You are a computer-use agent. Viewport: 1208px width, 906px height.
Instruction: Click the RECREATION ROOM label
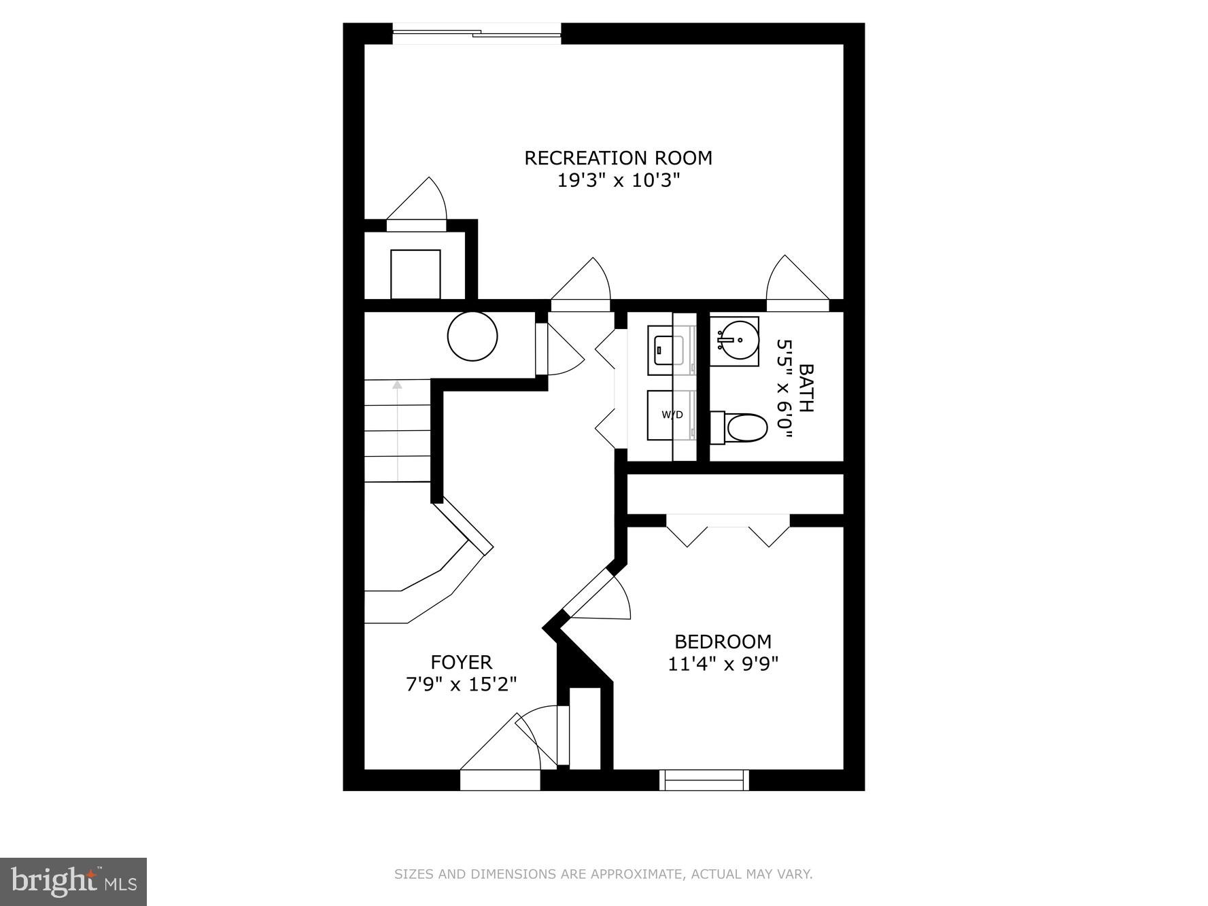(x=618, y=158)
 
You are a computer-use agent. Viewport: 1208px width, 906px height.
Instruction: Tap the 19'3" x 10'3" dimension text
(x=618, y=181)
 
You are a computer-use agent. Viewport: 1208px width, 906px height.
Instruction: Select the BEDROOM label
(x=723, y=641)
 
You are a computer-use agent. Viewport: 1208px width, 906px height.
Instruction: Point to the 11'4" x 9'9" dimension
(x=723, y=663)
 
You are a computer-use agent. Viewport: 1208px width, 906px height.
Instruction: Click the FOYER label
(x=461, y=661)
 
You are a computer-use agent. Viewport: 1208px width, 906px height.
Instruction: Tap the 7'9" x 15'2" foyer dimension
(x=461, y=684)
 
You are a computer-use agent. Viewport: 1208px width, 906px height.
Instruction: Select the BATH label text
(x=806, y=388)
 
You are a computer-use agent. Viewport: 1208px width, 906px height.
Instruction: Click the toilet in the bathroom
(x=741, y=428)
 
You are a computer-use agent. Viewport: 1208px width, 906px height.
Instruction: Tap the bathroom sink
(x=738, y=341)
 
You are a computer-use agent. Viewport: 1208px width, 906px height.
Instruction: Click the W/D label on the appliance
(x=672, y=415)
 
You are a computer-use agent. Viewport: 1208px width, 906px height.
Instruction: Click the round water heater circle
(x=472, y=336)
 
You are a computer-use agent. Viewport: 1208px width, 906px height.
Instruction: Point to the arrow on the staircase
(x=397, y=385)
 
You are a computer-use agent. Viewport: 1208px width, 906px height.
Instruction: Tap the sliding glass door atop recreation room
(x=477, y=33)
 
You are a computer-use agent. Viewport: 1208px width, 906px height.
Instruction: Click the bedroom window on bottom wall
(x=704, y=780)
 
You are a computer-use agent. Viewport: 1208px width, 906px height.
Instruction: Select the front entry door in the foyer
(x=500, y=780)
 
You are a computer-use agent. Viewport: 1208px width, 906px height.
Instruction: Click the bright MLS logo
(x=73, y=882)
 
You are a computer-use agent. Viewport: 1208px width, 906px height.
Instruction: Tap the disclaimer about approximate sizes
(x=603, y=874)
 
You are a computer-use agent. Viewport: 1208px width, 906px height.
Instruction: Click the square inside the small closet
(x=415, y=274)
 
